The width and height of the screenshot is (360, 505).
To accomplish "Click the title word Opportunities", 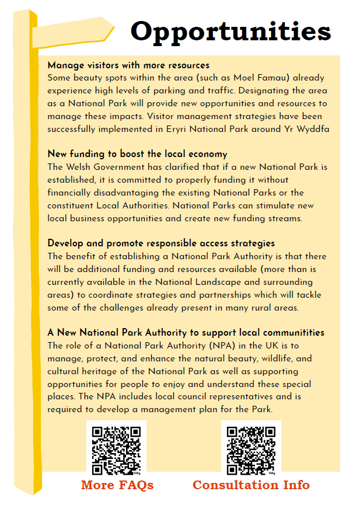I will coord(230,31).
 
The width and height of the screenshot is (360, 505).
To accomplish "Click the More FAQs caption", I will coord(117,485).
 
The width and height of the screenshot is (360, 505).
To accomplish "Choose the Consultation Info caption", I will coord(251,485).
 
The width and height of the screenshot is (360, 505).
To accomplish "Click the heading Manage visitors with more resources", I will coord(128,65).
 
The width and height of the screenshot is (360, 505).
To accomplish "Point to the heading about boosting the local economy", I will coord(137,154).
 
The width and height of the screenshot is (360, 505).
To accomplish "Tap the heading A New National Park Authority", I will coord(186,333).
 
